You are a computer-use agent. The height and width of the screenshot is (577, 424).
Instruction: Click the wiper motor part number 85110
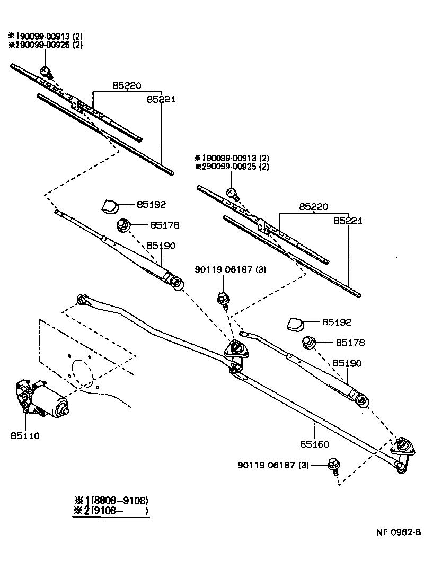(24, 435)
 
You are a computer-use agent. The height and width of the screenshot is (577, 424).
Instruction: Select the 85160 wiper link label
(315, 444)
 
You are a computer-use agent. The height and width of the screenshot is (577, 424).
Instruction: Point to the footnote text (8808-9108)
(119, 500)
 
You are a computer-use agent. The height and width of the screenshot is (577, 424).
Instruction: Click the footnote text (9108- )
(119, 511)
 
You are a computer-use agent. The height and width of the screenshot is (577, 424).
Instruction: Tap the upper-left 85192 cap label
(151, 204)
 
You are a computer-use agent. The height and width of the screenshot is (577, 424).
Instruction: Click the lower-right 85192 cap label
(336, 322)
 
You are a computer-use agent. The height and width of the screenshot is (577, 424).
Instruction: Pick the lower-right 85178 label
(349, 343)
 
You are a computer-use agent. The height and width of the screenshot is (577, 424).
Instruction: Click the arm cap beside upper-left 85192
(110, 205)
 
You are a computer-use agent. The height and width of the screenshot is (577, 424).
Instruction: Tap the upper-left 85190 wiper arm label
(161, 246)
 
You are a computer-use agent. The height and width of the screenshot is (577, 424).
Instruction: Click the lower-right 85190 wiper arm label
(347, 363)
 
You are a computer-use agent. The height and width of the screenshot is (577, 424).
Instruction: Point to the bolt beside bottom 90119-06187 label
(334, 465)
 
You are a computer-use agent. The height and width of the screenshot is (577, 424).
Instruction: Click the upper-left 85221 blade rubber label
(161, 99)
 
